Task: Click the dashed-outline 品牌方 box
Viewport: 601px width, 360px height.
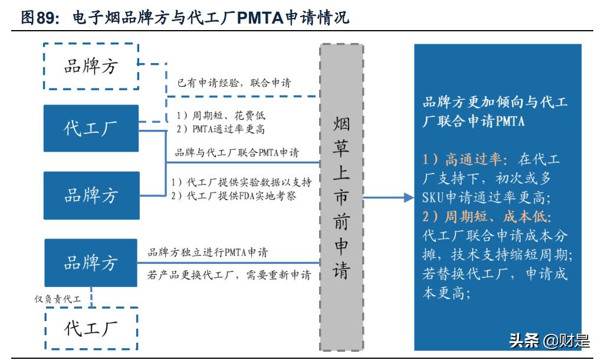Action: click(91, 66)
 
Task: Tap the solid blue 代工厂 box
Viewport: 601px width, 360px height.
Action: click(91, 128)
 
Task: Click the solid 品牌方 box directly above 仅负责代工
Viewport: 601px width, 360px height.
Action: click(91, 262)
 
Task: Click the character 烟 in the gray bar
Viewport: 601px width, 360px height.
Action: click(341, 124)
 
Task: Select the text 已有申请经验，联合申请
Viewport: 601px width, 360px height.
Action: click(234, 83)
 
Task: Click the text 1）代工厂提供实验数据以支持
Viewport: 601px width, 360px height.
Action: click(241, 182)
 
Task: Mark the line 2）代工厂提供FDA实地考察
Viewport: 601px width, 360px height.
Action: click(233, 195)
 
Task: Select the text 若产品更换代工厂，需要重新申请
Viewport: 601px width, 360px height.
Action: click(228, 275)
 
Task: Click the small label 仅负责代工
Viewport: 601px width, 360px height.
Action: click(57, 299)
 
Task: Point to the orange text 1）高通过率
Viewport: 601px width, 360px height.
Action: click(466, 159)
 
